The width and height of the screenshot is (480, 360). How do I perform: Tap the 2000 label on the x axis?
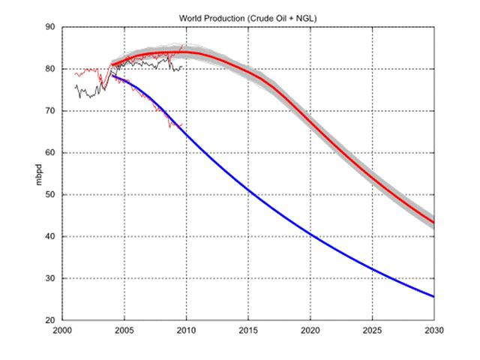point(61,331)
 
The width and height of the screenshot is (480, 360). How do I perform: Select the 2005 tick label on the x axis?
point(124,331)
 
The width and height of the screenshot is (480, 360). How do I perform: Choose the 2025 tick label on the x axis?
point(372,331)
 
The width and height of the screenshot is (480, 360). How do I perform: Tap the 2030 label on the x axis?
point(433,331)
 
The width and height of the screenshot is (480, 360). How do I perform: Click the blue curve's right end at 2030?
point(433,296)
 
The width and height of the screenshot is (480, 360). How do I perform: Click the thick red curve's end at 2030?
point(433,222)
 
